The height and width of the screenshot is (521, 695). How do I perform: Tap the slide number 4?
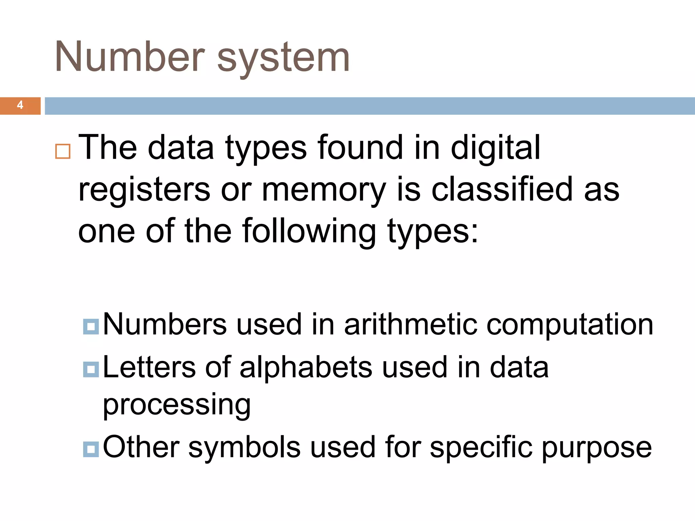coord(20,105)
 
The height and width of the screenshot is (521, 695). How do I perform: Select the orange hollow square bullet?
coord(63,151)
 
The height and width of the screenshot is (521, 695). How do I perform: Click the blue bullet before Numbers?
coord(91,327)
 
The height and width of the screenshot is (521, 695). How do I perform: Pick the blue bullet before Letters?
coord(91,369)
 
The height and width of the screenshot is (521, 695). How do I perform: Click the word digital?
coord(495,148)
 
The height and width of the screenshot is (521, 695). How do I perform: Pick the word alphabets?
coord(306,368)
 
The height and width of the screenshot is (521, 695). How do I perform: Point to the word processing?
coord(177,406)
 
